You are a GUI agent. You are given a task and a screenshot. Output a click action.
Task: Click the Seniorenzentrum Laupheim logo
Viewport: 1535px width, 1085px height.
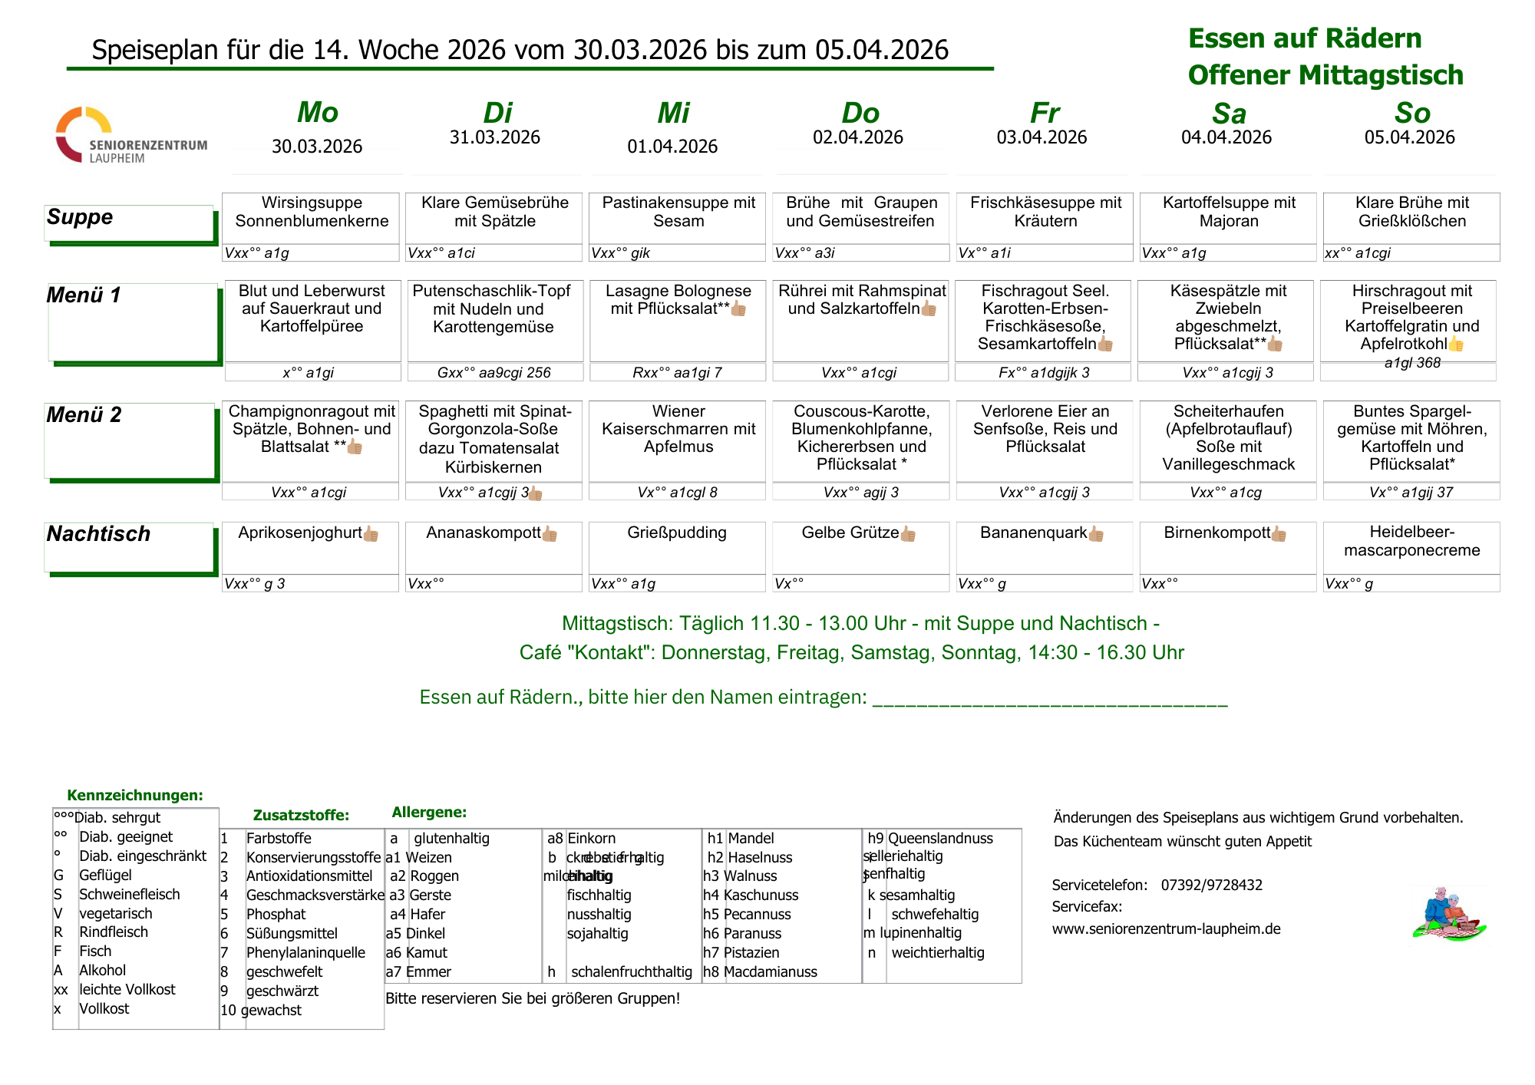click(x=130, y=136)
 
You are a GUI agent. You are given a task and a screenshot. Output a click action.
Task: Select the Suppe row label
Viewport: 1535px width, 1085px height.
click(x=80, y=217)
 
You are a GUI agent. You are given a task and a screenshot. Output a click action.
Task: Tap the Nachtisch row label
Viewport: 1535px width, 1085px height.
click(x=98, y=534)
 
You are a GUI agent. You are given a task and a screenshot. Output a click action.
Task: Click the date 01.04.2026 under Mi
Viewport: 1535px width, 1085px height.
click(x=672, y=147)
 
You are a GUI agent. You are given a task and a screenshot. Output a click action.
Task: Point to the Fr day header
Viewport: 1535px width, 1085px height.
click(x=1045, y=114)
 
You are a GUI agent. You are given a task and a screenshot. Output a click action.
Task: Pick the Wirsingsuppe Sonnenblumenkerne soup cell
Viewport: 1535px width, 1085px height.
click(x=312, y=212)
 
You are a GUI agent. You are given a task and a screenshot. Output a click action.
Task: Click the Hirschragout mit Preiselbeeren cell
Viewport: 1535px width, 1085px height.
click(x=1411, y=317)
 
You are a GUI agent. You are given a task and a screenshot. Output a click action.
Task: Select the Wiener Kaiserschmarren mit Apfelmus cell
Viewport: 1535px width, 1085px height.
click(x=678, y=429)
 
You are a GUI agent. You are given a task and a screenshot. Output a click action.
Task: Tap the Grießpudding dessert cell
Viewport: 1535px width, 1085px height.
click(x=677, y=533)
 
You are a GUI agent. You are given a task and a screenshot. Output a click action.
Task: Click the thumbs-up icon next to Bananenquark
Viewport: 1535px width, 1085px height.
click(x=1096, y=534)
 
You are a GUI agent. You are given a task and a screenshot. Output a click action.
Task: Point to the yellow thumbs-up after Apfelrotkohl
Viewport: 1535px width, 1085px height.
click(x=1456, y=345)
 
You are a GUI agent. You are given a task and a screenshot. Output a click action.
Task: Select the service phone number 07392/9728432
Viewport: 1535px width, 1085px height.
click(x=1211, y=885)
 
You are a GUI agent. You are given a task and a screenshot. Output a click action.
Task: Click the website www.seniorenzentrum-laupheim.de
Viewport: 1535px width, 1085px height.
click(x=1166, y=929)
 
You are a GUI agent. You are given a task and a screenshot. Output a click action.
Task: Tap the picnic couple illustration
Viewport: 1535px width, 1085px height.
click(x=1448, y=914)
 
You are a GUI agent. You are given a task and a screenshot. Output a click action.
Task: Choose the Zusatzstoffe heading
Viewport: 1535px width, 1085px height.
click(x=301, y=815)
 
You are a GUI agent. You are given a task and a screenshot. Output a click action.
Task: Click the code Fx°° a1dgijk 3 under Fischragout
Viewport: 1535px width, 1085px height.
click(x=1044, y=373)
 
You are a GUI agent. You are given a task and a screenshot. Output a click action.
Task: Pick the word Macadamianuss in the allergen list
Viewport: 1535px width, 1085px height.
click(x=770, y=972)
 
